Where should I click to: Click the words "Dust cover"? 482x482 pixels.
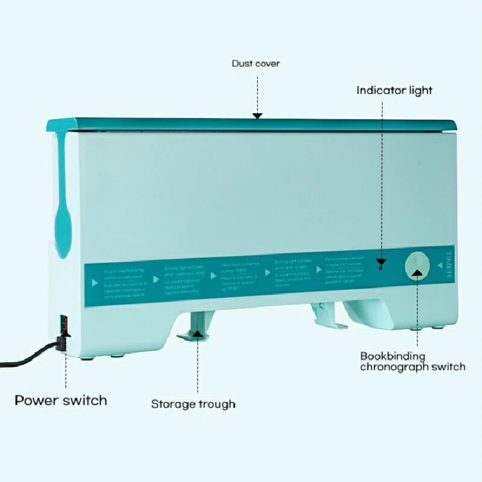click(x=255, y=63)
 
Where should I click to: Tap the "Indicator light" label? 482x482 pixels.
click(x=394, y=90)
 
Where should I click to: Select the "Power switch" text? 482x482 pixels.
click(x=61, y=400)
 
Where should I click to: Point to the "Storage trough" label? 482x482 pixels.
click(x=193, y=404)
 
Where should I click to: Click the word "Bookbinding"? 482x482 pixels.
click(x=392, y=356)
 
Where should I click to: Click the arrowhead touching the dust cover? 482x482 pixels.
click(x=257, y=114)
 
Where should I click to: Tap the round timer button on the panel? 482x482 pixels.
click(x=417, y=265)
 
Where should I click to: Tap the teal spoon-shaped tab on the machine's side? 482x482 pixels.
click(x=61, y=223)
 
